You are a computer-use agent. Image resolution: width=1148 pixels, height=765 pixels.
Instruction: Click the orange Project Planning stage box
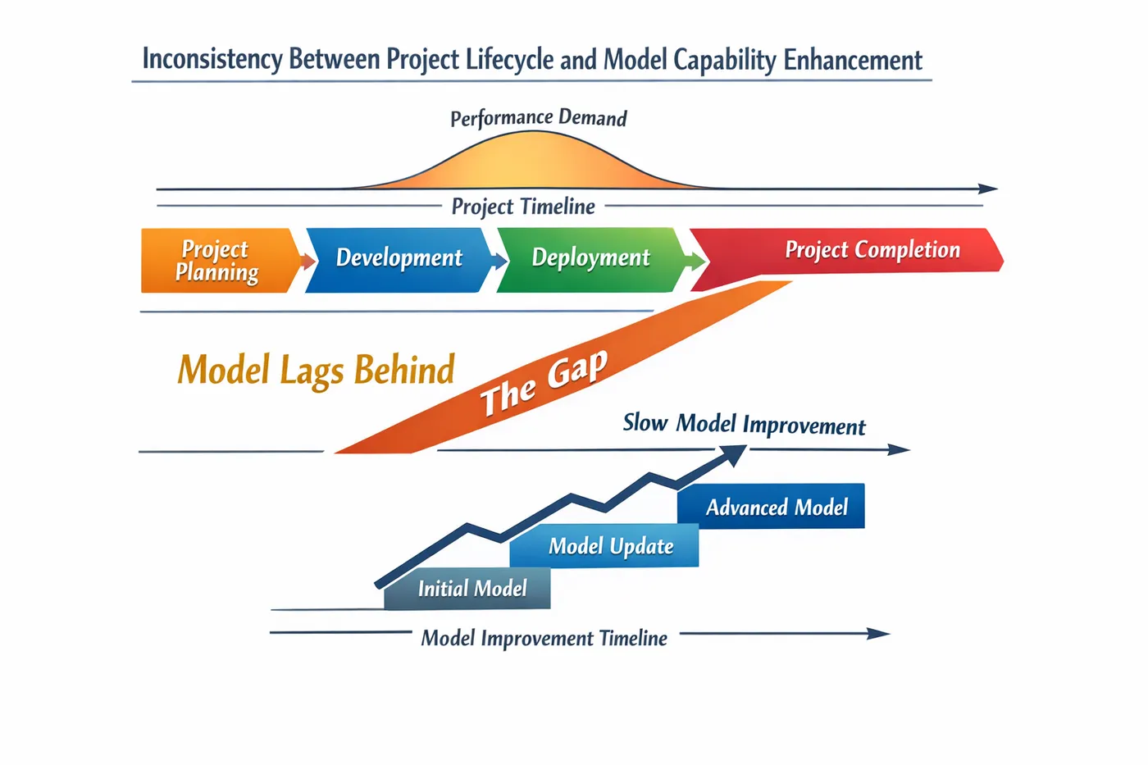(221, 260)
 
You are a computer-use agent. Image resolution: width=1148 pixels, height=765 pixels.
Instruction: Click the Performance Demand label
(538, 118)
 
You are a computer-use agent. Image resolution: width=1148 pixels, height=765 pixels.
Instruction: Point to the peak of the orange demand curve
(533, 132)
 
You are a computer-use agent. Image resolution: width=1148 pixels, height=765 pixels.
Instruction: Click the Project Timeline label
(523, 207)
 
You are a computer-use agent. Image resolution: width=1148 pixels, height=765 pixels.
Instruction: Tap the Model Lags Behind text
(316, 370)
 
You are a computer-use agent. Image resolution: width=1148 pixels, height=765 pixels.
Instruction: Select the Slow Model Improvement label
(745, 425)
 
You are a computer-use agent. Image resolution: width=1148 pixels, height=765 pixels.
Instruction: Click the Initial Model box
(467, 589)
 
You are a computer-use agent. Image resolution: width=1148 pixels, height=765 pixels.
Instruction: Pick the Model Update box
(604, 546)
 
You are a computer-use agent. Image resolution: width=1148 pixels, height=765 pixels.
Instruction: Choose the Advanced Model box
(771, 506)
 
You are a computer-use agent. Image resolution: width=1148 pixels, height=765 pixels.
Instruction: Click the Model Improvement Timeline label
(544, 639)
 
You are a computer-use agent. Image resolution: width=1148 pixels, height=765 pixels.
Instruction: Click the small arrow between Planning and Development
(308, 262)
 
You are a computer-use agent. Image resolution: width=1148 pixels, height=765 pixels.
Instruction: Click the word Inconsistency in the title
(212, 59)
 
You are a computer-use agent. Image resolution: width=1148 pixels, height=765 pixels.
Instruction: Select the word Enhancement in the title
(853, 59)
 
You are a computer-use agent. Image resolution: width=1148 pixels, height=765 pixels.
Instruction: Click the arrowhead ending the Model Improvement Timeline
(878, 634)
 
